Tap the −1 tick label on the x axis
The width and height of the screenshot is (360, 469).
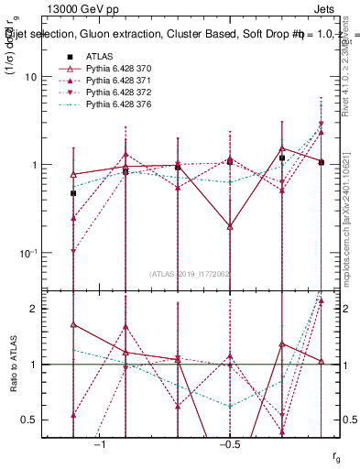click(100, 444)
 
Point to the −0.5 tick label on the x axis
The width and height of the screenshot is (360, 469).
click(229, 444)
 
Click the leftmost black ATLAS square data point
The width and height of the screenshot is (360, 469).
click(73, 193)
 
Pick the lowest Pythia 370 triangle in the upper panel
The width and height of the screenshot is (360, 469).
click(230, 225)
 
